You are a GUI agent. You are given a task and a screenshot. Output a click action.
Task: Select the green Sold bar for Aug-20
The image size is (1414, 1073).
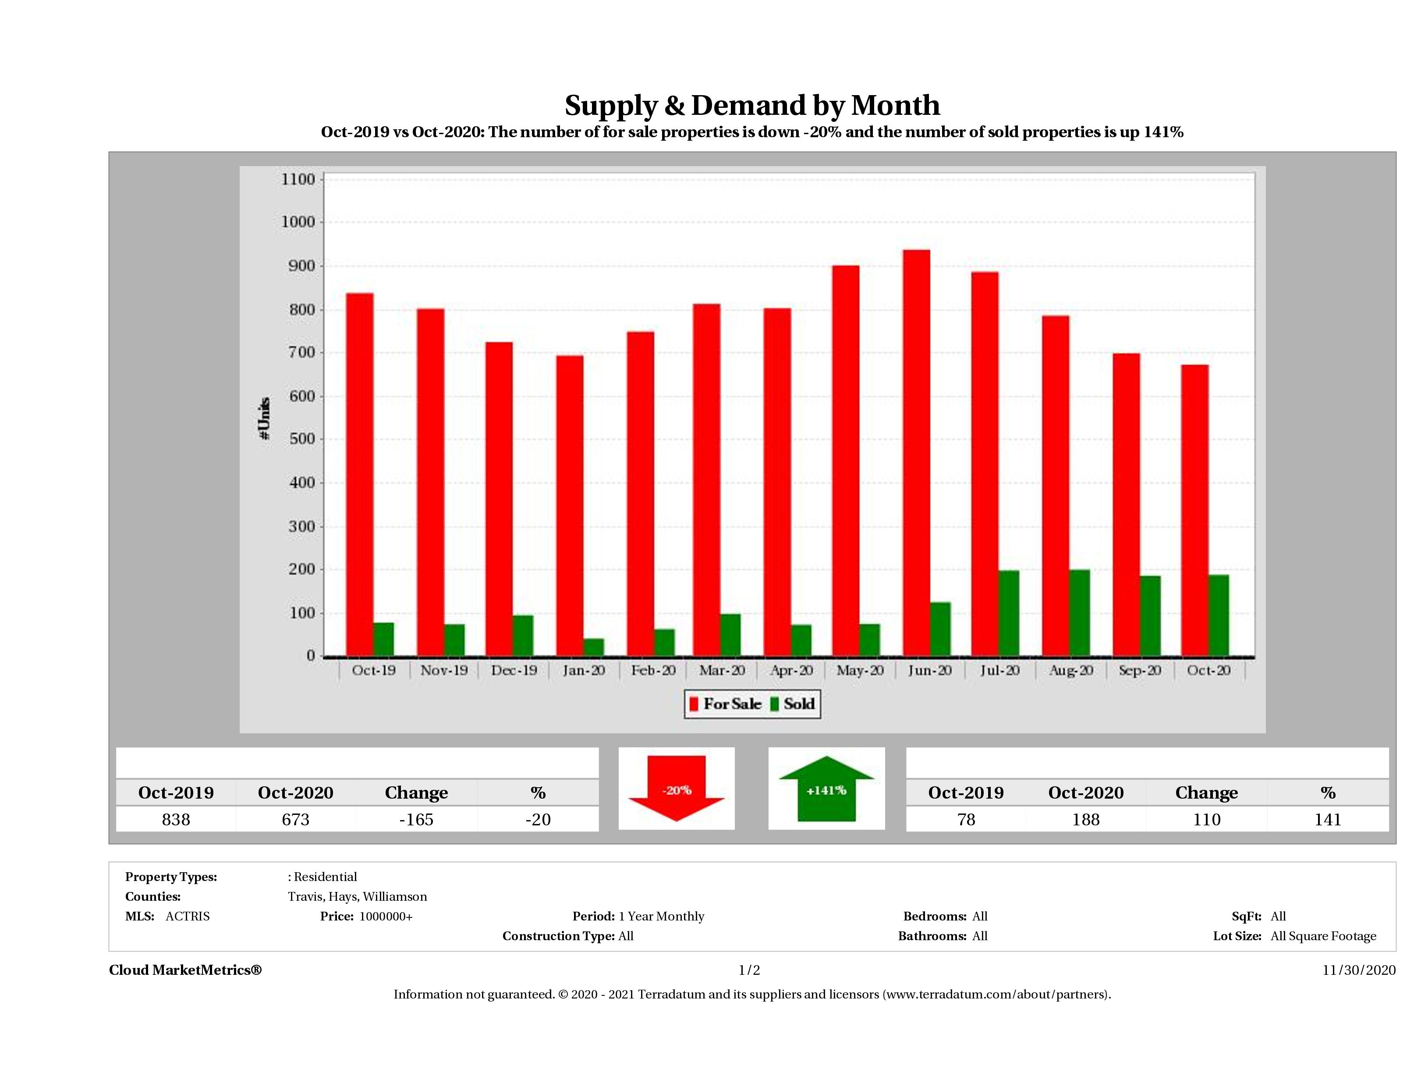(1079, 613)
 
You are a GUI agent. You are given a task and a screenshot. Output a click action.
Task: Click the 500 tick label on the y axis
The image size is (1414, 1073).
(298, 439)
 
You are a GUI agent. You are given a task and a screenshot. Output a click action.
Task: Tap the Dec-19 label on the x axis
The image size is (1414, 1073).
(514, 670)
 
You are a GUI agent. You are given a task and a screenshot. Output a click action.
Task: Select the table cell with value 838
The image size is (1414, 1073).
(176, 819)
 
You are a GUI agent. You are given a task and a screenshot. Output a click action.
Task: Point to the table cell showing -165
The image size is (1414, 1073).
(416, 819)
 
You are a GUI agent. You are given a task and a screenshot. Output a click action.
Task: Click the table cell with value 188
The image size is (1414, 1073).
(1085, 819)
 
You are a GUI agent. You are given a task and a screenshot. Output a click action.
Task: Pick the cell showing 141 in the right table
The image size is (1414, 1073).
(1328, 819)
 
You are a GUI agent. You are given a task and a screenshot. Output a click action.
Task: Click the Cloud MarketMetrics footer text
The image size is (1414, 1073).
(185, 970)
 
